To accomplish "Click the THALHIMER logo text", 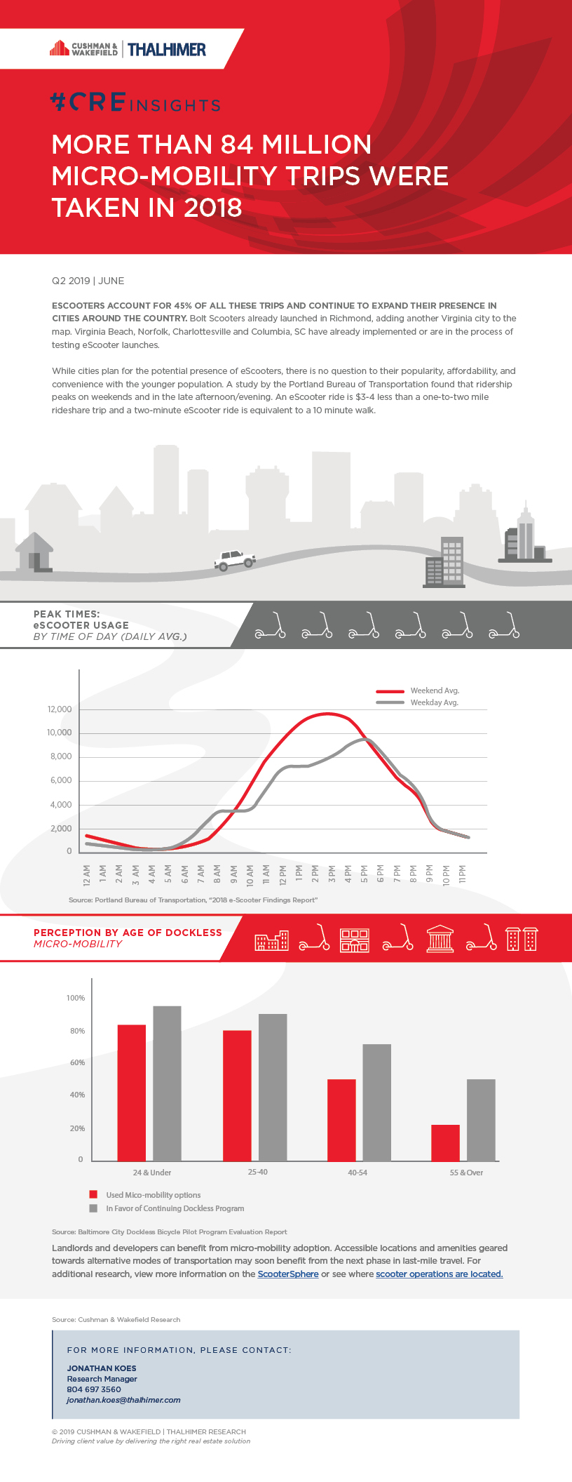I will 167,49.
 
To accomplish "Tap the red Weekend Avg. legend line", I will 390,691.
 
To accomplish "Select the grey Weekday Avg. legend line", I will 390,702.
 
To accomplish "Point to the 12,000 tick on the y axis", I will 60,709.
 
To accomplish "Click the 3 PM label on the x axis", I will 332,874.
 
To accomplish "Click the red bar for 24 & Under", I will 132,1093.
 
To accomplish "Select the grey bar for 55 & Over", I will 481,1120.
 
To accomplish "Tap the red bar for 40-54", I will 341,1120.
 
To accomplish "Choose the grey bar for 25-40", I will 273,1088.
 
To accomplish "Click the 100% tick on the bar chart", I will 76,998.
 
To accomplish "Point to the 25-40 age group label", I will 257,1172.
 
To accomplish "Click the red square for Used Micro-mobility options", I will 93,1194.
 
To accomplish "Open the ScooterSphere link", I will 287,1274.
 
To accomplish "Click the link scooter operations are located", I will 439,1274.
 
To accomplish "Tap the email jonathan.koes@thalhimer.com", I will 123,1400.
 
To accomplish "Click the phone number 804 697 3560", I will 94,1389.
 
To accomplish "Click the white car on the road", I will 235,560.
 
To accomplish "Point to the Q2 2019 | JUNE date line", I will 88,281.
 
